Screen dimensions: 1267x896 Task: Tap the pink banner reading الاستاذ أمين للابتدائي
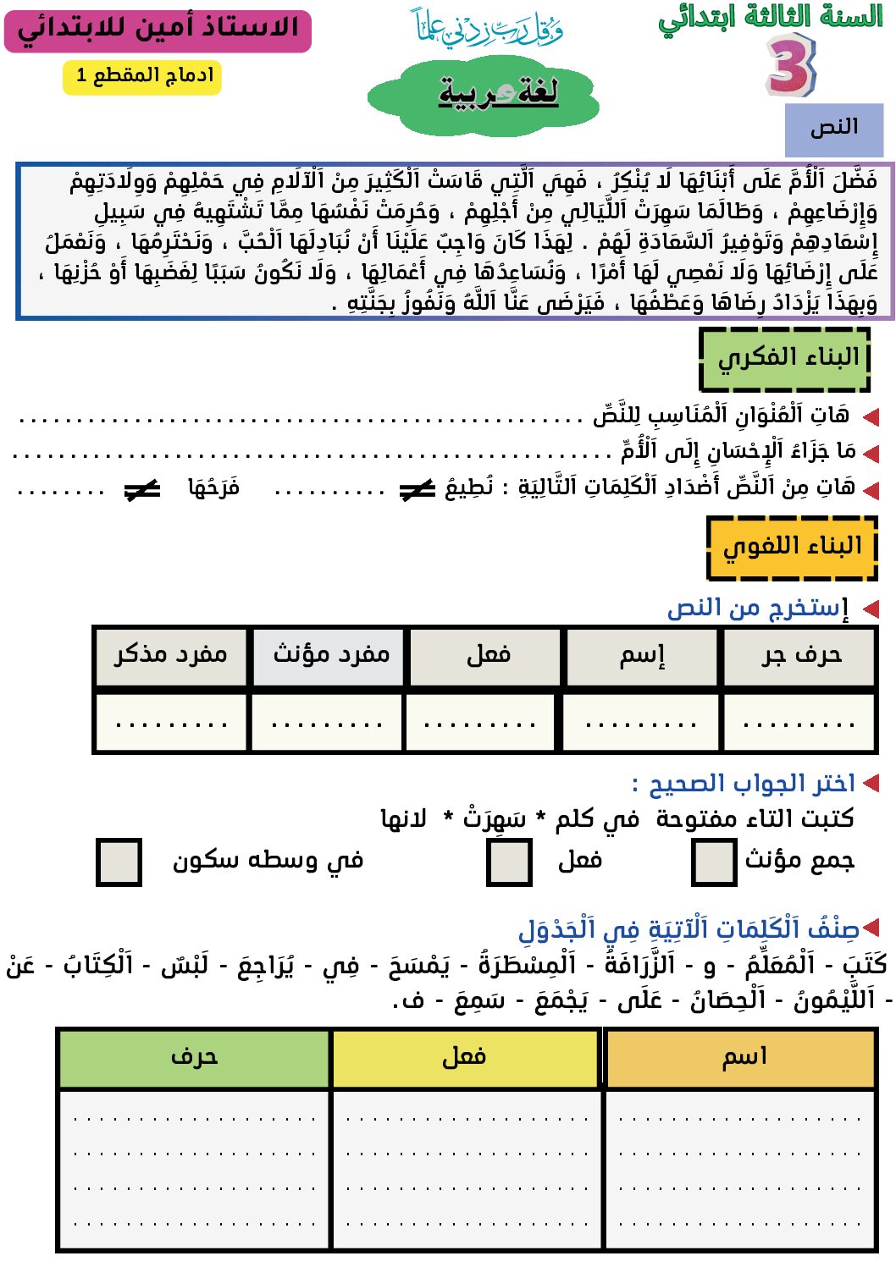click(158, 30)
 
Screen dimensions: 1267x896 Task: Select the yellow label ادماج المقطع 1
click(142, 76)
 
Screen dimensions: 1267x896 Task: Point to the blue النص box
click(834, 129)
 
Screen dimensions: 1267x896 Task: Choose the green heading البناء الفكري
click(785, 359)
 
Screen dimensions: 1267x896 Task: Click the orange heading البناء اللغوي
click(792, 548)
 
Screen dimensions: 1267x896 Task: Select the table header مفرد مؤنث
click(331, 656)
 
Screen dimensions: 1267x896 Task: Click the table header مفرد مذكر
click(170, 656)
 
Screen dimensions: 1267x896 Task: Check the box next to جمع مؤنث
click(713, 862)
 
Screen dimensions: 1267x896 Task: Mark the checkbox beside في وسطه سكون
click(119, 862)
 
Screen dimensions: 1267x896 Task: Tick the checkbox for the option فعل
click(509, 862)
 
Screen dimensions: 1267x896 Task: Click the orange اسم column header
click(741, 1058)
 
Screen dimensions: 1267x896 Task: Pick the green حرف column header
click(194, 1058)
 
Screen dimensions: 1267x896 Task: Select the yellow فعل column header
click(466, 1058)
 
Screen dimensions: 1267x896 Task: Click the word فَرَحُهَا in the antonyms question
click(213, 488)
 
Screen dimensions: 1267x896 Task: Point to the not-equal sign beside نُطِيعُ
click(417, 490)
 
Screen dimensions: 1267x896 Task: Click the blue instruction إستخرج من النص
click(758, 609)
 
